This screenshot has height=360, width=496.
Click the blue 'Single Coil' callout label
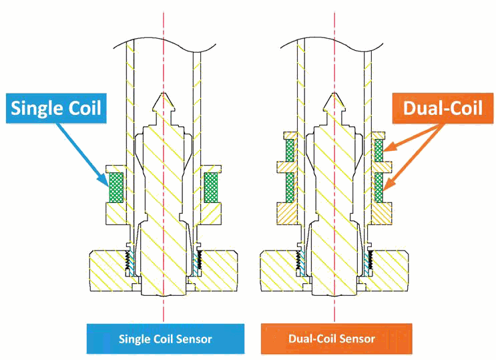click(56, 108)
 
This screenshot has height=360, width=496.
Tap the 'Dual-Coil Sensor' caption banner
click(331, 339)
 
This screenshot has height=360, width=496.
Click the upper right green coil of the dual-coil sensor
click(379, 151)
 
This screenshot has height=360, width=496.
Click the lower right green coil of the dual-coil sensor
click(379, 187)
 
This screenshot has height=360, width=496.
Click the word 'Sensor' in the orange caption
click(356, 339)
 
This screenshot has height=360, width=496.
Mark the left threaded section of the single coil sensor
click(128, 264)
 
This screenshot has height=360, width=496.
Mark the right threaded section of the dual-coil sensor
click(369, 264)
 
